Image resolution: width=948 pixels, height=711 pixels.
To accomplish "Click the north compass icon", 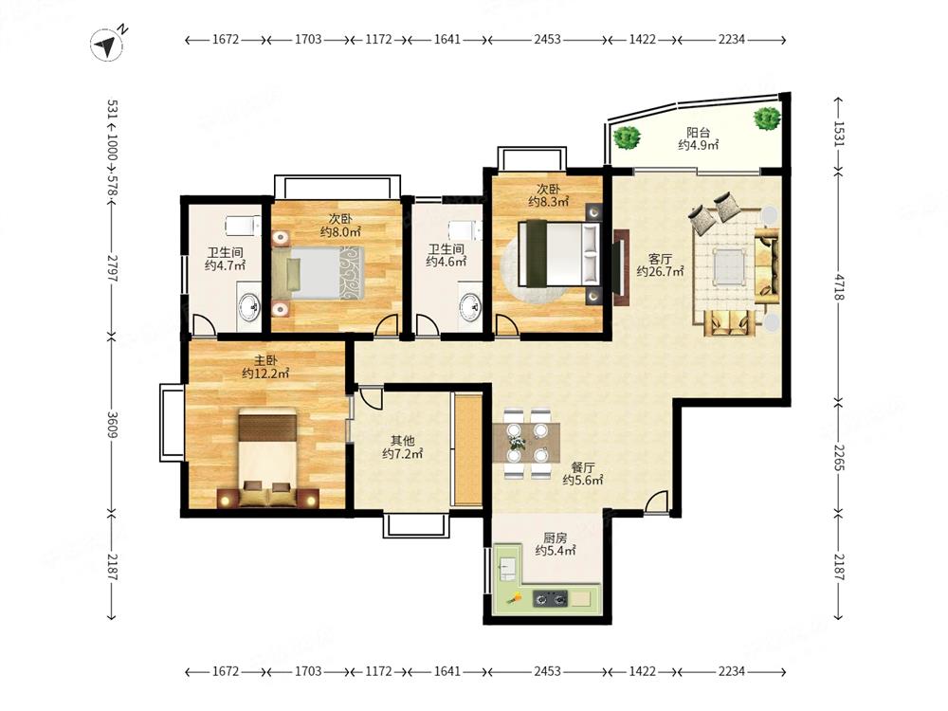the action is [108, 45].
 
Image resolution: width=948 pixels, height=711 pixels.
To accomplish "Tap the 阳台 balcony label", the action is [698, 132].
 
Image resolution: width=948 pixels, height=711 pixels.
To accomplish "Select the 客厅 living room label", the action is [660, 259].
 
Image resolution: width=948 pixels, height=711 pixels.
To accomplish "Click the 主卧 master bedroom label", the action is [265, 360].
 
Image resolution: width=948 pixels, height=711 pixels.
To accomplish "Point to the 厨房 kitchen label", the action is [555, 538].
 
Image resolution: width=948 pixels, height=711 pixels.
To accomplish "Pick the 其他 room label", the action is [402, 441].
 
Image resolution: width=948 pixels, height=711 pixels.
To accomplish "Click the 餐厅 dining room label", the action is [583, 467].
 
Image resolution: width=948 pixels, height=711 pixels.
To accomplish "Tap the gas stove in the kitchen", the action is [550, 598].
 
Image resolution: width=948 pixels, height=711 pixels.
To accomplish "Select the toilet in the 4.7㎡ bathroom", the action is [243, 226].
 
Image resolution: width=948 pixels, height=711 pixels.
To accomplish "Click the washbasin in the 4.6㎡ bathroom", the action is [470, 306].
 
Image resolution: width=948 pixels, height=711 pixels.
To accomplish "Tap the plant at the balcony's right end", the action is [767, 118].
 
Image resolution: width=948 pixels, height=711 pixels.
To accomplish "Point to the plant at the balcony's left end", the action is [627, 137].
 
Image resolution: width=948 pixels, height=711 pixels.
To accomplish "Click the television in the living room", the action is [619, 267].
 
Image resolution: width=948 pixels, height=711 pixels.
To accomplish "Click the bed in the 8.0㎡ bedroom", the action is [318, 273].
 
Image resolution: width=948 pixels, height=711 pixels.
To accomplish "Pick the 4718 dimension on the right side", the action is [838, 287].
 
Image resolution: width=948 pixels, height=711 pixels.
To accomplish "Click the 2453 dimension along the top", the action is [547, 39].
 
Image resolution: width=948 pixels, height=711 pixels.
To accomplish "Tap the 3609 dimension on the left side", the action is [113, 425].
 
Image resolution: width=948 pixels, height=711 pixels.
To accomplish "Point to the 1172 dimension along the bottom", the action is [378, 671].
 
